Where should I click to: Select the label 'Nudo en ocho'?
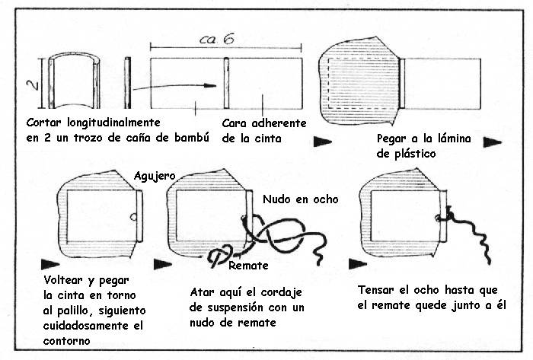pyautogui.click(x=300, y=199)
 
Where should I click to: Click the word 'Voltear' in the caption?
pyautogui.click(x=63, y=281)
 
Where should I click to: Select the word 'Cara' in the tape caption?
pyautogui.click(x=235, y=123)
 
